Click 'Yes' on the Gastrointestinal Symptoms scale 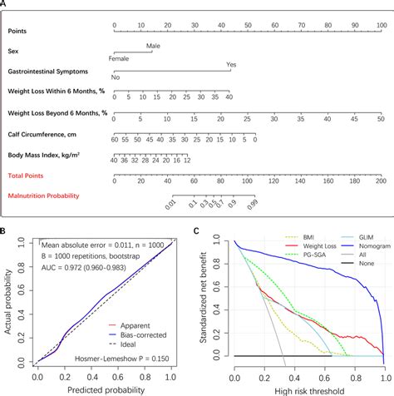pyautogui.click(x=231, y=63)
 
